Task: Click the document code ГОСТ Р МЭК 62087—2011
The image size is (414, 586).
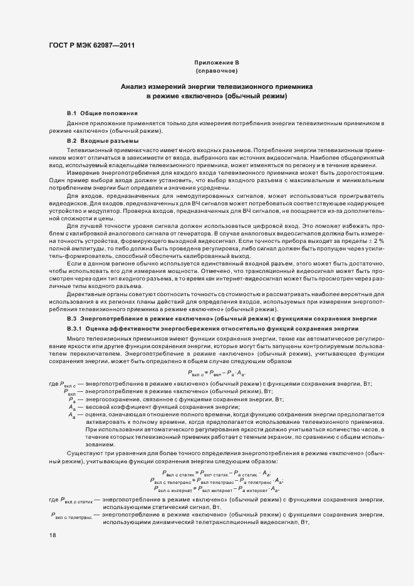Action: coord(91,44)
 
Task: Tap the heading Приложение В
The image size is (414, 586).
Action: coord(217,63)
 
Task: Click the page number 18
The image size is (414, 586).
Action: coord(52,535)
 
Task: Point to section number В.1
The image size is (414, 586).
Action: coord(71,113)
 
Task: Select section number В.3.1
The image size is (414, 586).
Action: coord(74,328)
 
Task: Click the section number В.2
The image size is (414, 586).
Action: coord(71,141)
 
